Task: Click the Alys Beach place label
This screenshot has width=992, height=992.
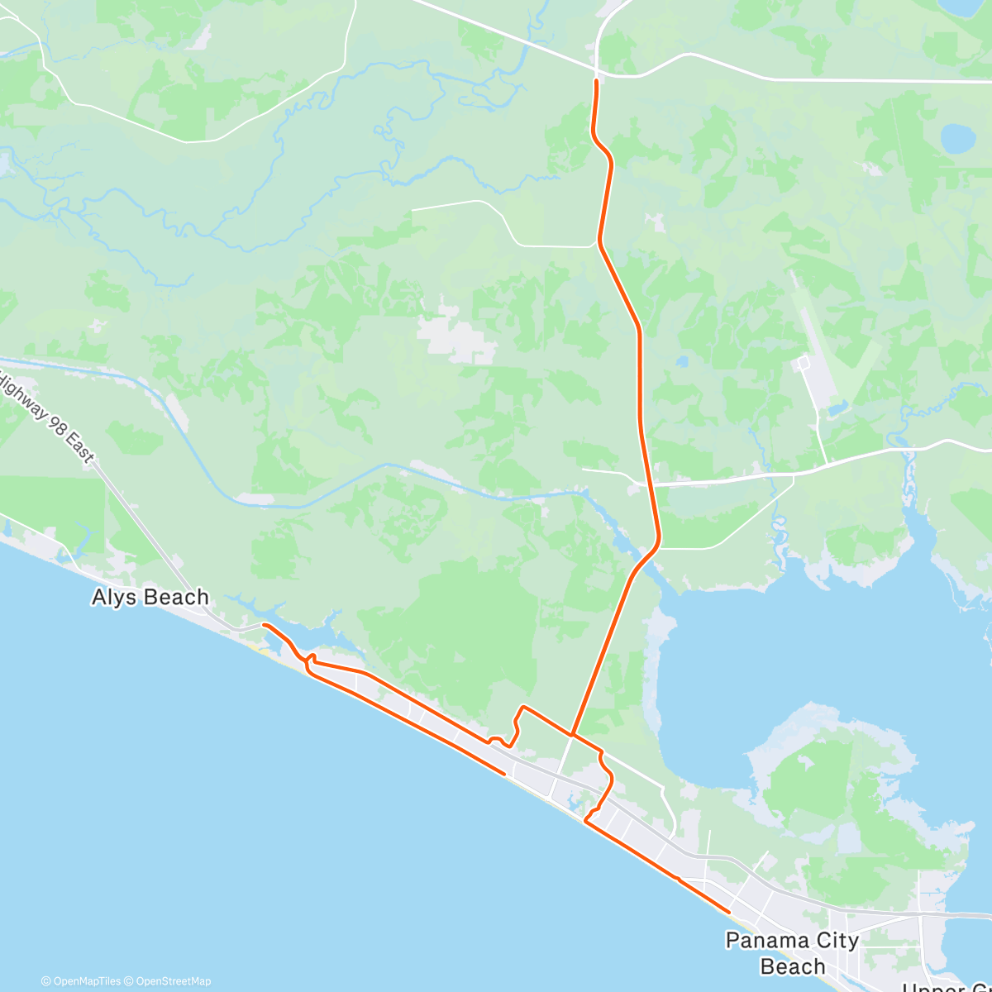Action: click(150, 597)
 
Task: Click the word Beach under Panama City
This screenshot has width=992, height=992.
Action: click(792, 966)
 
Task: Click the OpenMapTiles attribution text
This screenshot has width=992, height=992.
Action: click(80, 981)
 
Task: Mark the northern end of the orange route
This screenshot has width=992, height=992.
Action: click(596, 81)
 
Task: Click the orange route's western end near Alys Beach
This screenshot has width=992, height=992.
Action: click(264, 625)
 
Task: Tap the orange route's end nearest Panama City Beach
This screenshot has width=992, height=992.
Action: click(728, 911)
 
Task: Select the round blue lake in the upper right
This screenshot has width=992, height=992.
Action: click(957, 137)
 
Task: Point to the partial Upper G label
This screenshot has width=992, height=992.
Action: click(947, 985)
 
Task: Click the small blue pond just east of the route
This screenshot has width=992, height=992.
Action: click(683, 361)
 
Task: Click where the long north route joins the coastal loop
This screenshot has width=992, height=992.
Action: click(572, 733)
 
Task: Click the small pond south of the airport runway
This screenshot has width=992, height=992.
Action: click(837, 408)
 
